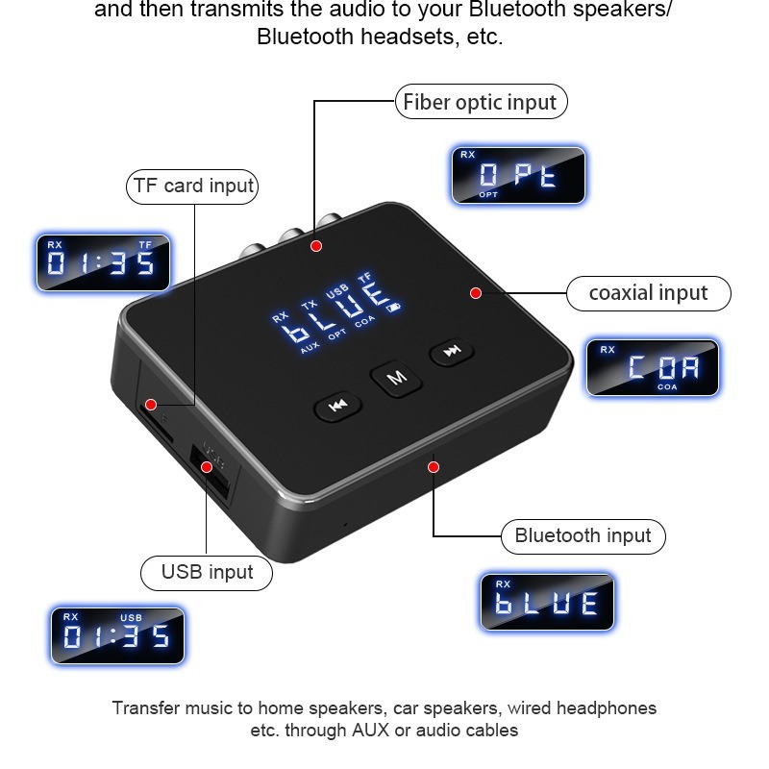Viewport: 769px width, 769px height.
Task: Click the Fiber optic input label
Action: [x=481, y=102]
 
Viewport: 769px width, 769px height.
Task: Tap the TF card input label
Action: [x=193, y=186]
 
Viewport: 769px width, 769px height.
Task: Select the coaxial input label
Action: [x=647, y=292]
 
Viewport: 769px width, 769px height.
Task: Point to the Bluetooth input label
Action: [x=583, y=535]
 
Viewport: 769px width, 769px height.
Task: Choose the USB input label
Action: [x=207, y=572]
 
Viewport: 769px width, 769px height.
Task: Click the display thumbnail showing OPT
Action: [x=518, y=175]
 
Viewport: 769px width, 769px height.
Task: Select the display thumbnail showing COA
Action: [x=652, y=366]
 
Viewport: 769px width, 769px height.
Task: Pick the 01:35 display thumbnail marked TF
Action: [x=103, y=262]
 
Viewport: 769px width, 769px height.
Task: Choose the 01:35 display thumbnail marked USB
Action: [x=117, y=634]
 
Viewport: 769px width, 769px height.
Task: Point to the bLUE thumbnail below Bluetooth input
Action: [x=546, y=602]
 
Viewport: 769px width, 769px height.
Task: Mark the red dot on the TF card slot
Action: [x=151, y=404]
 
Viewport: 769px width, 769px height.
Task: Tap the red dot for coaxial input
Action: [x=476, y=292]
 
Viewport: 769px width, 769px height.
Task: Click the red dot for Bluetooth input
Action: [x=434, y=467]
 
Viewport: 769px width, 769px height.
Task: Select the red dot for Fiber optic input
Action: [x=316, y=246]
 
